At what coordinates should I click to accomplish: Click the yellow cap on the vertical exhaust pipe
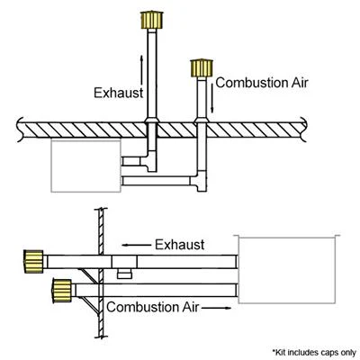pyautogui.click(x=152, y=20)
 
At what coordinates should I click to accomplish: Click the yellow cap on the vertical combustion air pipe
pyautogui.click(x=202, y=68)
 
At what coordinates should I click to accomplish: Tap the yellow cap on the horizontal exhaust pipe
pyautogui.click(x=33, y=262)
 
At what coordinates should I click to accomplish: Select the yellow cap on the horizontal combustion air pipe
pyautogui.click(x=62, y=291)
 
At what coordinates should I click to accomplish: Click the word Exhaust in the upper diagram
pyautogui.click(x=119, y=93)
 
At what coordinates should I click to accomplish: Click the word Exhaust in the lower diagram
pyautogui.click(x=180, y=245)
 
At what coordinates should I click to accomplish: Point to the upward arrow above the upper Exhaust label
pyautogui.click(x=141, y=70)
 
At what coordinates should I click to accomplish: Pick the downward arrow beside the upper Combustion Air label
pyautogui.click(x=212, y=96)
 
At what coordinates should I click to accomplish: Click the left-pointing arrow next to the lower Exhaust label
pyautogui.click(x=137, y=245)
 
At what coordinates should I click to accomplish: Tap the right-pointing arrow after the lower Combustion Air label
pyautogui.click(x=216, y=308)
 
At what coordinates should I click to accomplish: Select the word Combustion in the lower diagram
pyautogui.click(x=141, y=307)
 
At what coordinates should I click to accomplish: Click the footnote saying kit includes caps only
pyautogui.click(x=314, y=352)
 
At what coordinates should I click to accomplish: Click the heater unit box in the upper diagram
pyautogui.click(x=86, y=166)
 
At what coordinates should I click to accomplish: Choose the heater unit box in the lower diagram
pyautogui.click(x=287, y=270)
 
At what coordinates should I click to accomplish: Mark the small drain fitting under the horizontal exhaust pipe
pyautogui.click(x=124, y=274)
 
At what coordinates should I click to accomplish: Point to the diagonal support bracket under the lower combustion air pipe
pyautogui.click(x=89, y=305)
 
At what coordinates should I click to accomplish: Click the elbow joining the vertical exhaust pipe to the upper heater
pyautogui.click(x=149, y=160)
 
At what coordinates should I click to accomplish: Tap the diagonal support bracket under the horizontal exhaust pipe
pyautogui.click(x=88, y=276)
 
